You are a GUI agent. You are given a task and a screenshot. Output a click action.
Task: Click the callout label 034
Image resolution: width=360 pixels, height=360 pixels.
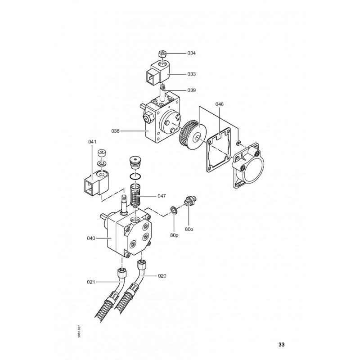192,53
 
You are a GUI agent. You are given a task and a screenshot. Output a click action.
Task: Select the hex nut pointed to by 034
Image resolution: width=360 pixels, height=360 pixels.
162,54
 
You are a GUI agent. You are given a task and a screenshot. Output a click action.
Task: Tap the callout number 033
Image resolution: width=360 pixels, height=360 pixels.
192,74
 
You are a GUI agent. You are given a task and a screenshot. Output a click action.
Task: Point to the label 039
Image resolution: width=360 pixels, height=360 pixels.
192,90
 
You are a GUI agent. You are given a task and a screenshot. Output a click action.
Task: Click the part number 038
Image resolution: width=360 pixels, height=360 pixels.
116,131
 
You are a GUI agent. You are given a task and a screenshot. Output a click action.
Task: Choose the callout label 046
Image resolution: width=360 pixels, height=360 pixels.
219,104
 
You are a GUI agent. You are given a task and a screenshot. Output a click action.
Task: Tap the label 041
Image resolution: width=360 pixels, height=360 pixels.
92,142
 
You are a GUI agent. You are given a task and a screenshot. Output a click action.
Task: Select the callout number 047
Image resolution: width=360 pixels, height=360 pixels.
162,196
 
